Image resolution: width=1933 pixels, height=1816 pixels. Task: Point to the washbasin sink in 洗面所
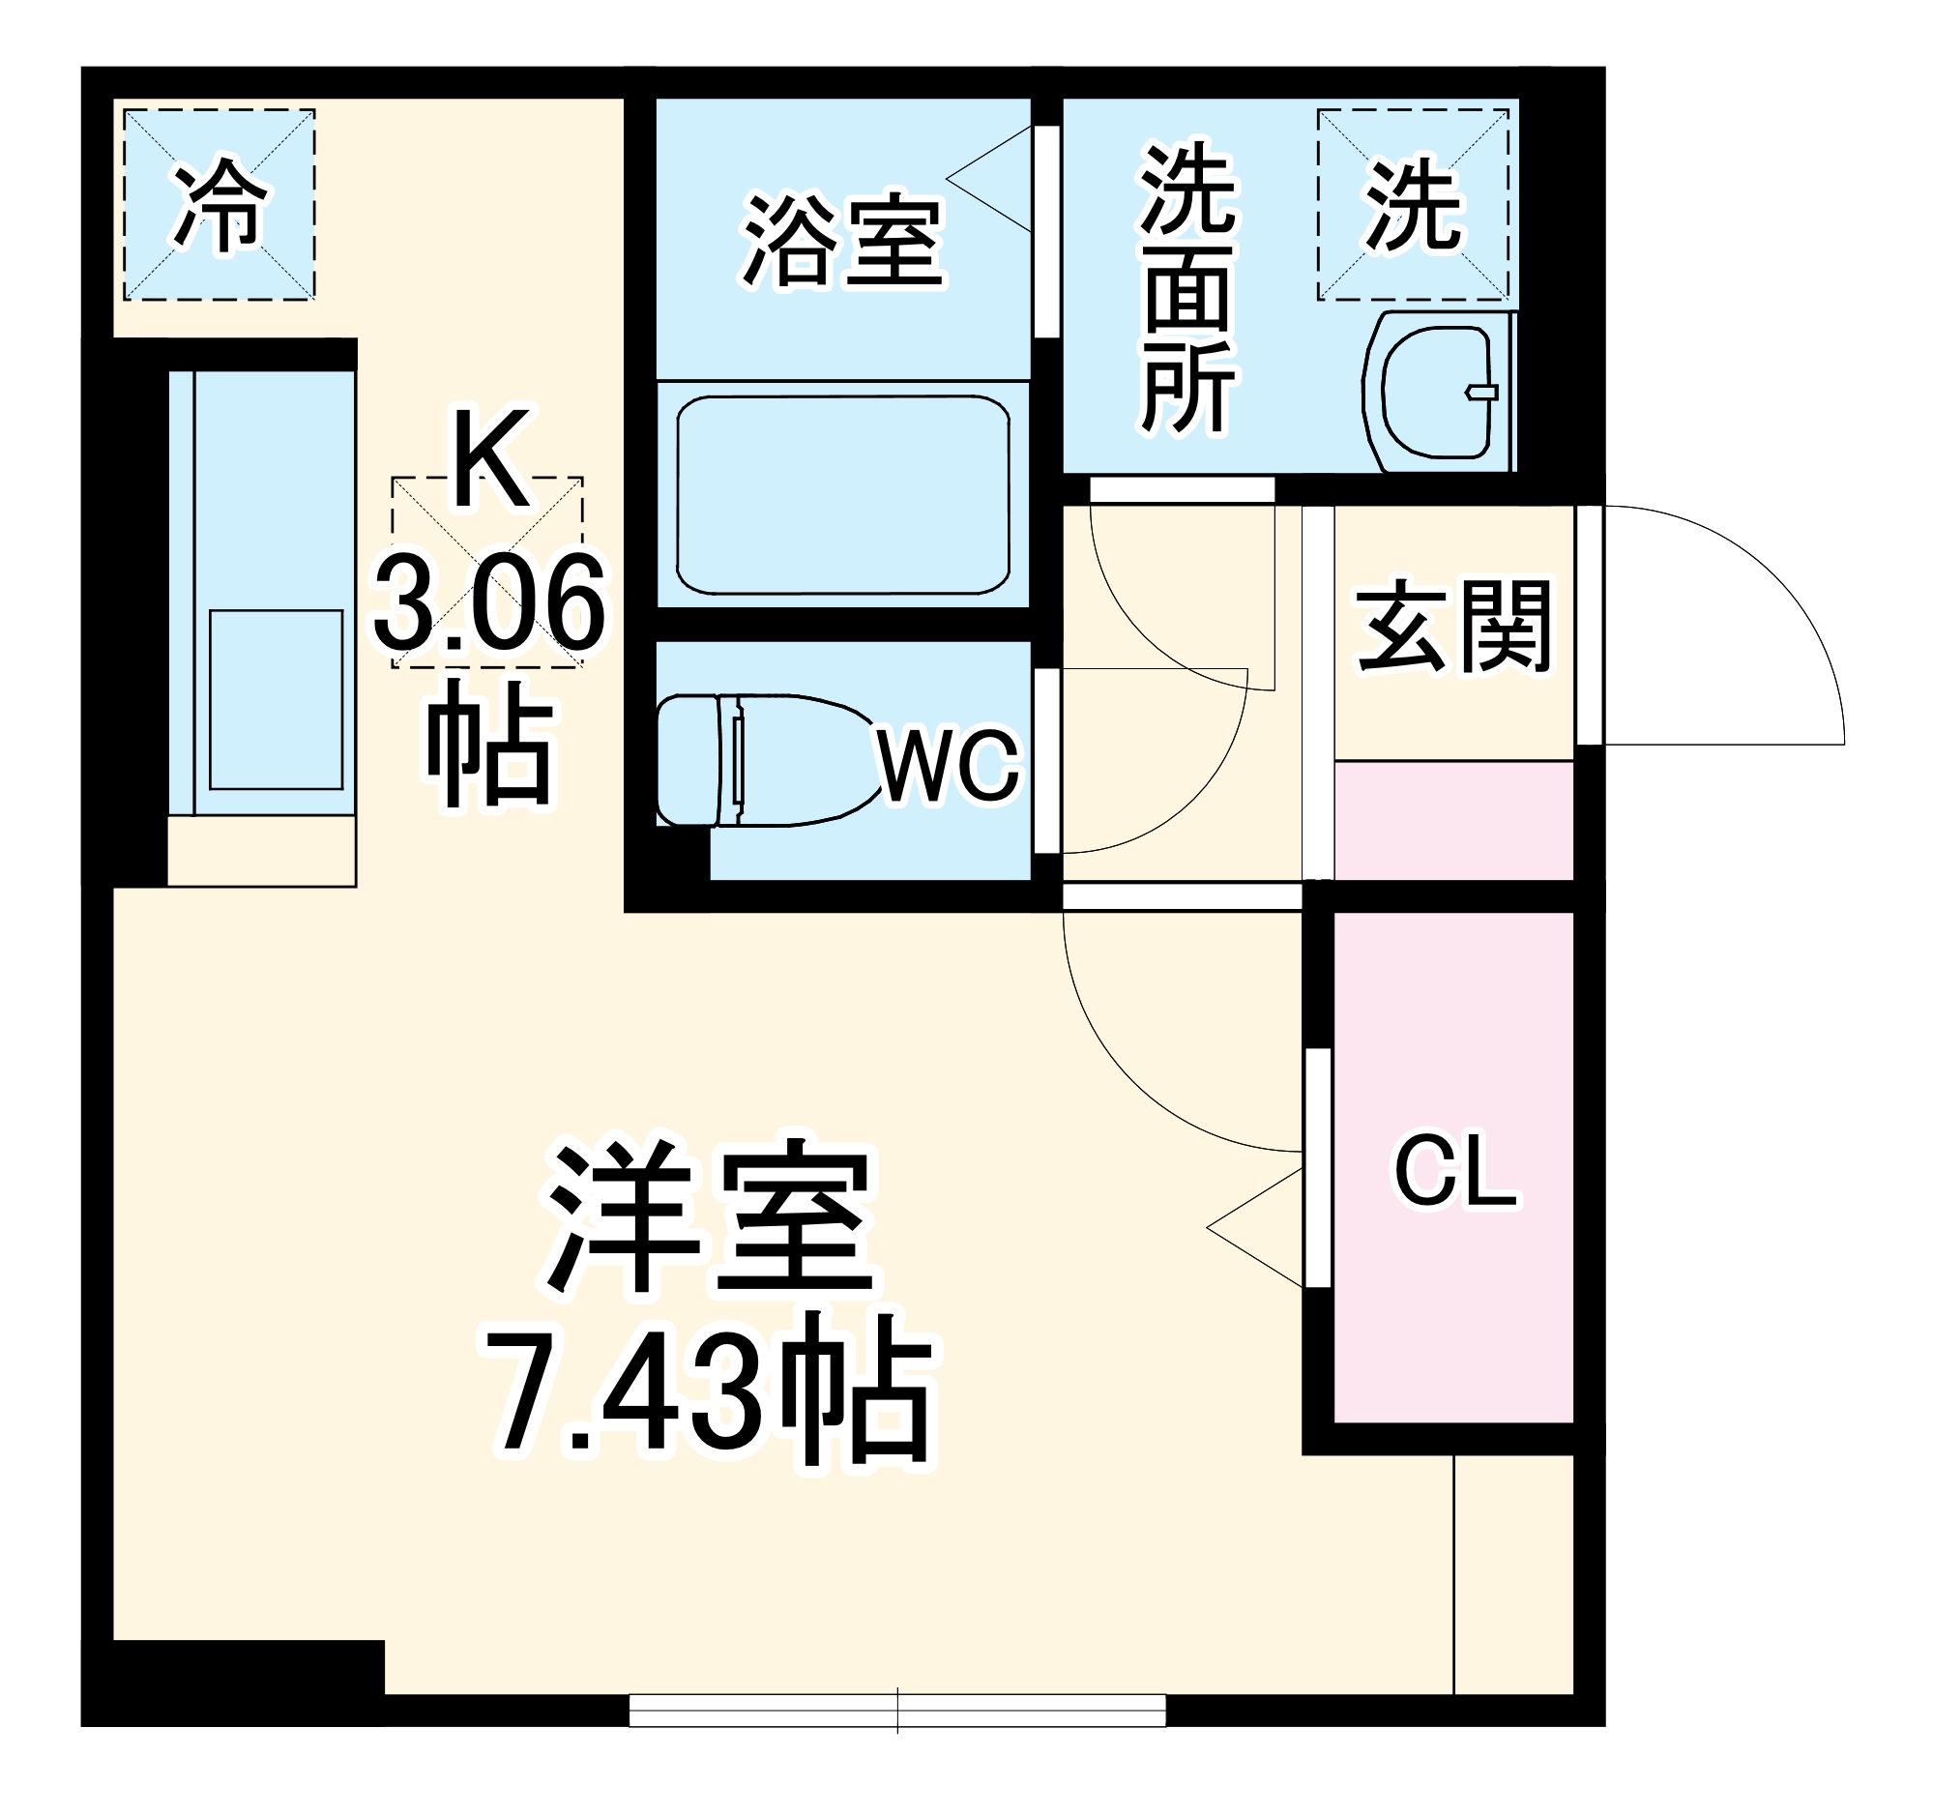(1435, 392)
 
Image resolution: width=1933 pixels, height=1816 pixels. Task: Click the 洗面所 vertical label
(1188, 289)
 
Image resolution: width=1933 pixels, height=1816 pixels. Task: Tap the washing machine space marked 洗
(1413, 205)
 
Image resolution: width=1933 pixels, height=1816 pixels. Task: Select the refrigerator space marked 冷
(219, 205)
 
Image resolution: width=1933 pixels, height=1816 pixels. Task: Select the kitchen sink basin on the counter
(277, 700)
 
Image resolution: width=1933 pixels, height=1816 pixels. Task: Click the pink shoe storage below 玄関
(1453, 821)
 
